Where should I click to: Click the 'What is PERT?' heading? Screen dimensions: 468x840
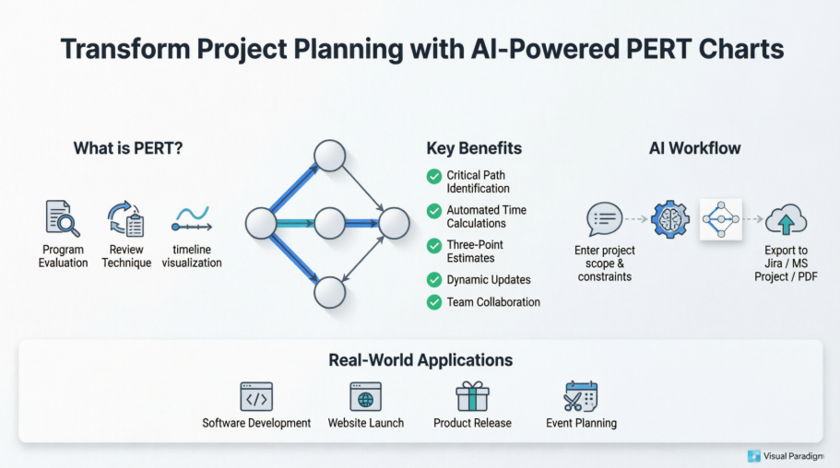click(x=128, y=148)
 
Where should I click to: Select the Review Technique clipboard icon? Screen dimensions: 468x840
click(x=125, y=219)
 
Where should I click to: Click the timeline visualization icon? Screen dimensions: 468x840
click(x=192, y=220)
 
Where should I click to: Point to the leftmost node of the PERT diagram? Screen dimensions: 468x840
click(x=261, y=223)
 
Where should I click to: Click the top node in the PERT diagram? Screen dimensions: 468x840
click(x=329, y=155)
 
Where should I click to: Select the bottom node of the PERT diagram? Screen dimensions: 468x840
click(x=329, y=292)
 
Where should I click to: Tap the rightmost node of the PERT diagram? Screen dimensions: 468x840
click(x=394, y=223)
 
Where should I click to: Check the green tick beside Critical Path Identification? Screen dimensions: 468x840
click(x=433, y=176)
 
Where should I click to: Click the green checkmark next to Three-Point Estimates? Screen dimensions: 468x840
click(x=433, y=245)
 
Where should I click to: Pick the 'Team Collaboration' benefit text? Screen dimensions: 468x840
click(x=493, y=302)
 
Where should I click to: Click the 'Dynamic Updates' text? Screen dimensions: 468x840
click(x=488, y=279)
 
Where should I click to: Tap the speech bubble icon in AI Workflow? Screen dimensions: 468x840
click(x=604, y=219)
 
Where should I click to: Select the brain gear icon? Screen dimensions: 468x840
click(x=669, y=219)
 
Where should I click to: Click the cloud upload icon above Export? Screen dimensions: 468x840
click(x=786, y=219)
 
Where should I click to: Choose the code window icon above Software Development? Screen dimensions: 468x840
click(x=256, y=396)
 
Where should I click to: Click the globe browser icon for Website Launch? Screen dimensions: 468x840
click(x=365, y=396)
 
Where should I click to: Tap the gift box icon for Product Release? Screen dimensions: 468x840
click(x=472, y=396)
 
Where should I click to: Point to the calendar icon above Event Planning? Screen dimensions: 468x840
click(x=581, y=396)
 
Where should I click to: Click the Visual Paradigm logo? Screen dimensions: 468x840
click(x=786, y=455)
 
